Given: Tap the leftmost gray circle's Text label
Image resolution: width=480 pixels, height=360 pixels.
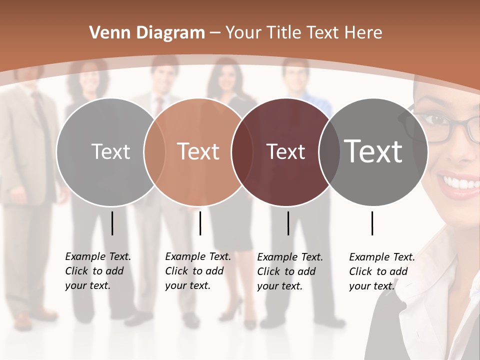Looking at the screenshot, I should point(110,151).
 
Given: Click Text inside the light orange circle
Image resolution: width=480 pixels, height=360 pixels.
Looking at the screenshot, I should point(198,151).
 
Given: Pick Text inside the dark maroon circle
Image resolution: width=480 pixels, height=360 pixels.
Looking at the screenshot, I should point(285,151).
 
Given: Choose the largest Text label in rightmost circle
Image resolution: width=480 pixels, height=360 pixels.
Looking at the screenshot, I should point(373,151).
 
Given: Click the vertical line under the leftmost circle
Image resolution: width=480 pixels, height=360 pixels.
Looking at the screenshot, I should point(112,223).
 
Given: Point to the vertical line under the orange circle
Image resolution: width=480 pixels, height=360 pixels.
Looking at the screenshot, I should point(200,223).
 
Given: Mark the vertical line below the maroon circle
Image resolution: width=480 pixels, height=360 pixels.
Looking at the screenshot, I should point(288,223).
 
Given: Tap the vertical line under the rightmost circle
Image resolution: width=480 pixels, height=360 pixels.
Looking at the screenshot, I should point(372,223).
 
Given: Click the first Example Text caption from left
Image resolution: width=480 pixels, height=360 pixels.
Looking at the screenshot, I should point(98,271).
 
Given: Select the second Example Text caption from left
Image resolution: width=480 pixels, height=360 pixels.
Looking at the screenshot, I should point(198,271).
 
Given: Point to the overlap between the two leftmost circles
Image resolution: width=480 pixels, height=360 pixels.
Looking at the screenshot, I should point(154,151).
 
